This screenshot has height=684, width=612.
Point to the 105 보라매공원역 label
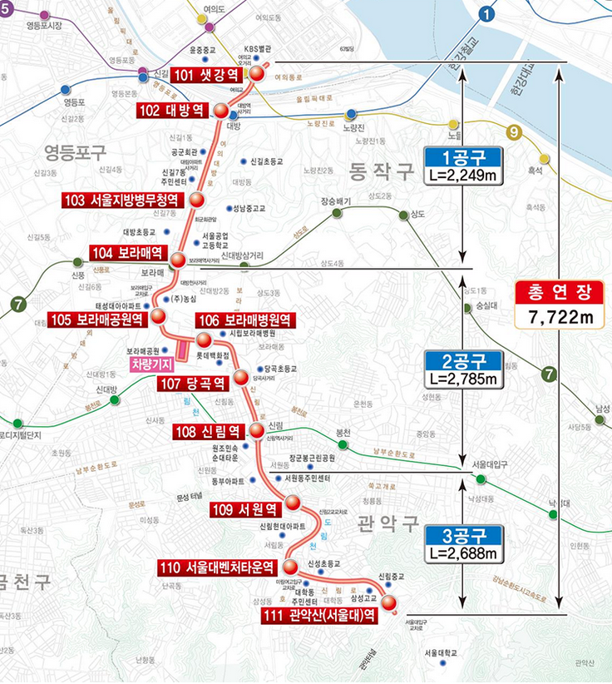click(97, 319)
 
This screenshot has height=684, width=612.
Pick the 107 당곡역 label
click(193, 384)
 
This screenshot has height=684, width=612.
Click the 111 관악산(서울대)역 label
click(318, 615)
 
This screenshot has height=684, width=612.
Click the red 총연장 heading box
click(557, 292)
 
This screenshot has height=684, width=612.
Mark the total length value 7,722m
click(557, 316)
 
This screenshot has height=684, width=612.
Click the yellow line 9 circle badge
click(513, 131)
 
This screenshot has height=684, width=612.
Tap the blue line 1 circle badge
click(486, 13)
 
